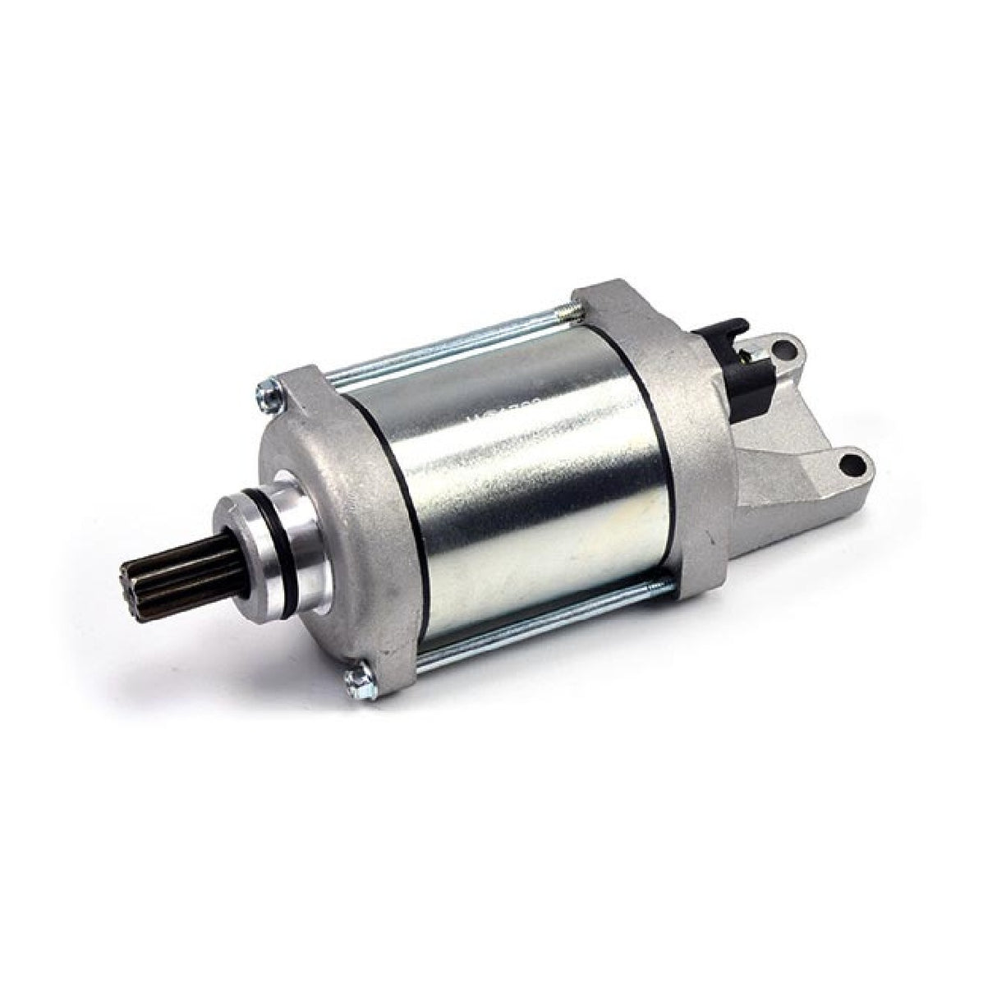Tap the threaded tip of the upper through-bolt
565,310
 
